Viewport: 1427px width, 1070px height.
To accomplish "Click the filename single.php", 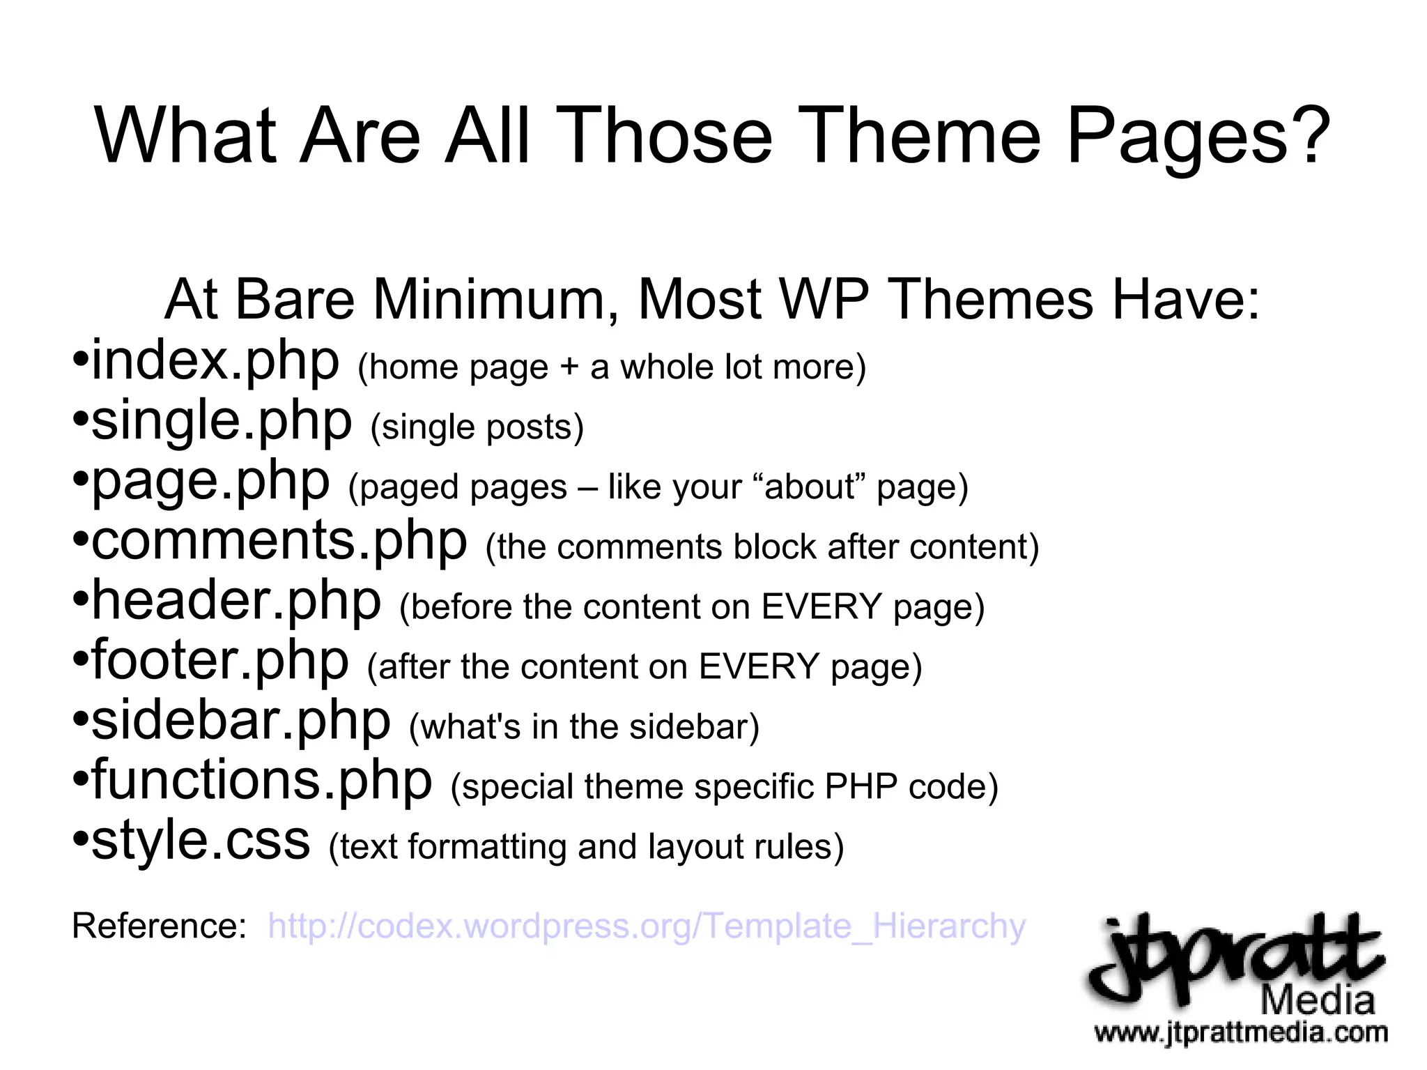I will click(222, 421).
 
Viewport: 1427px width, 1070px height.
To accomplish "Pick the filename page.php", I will click(210, 481).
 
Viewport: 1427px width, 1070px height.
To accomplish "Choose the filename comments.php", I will click(279, 541).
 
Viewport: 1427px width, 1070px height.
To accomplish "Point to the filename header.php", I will click(237, 601).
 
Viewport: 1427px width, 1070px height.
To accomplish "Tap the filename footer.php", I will click(220, 661).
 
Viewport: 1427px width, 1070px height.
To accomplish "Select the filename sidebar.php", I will click(241, 721).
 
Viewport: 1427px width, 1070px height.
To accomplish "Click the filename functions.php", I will click(262, 781).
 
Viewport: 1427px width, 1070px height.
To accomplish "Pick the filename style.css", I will click(201, 841).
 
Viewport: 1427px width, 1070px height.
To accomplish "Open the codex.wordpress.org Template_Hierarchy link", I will click(647, 926).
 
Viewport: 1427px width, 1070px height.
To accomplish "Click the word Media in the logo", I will click(1318, 1001).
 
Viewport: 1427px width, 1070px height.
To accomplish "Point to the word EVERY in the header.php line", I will click(822, 606).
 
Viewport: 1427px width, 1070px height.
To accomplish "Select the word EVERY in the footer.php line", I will click(759, 666).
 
